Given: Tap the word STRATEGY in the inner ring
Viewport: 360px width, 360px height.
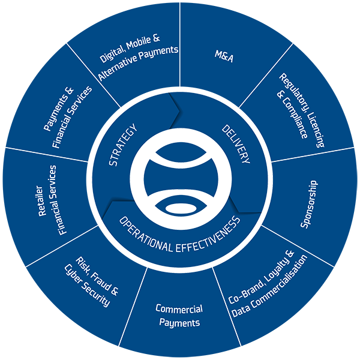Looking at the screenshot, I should pos(122,144).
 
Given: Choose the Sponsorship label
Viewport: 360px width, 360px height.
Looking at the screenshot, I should pos(309,205).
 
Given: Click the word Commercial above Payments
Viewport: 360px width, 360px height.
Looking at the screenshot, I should pos(179,310).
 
